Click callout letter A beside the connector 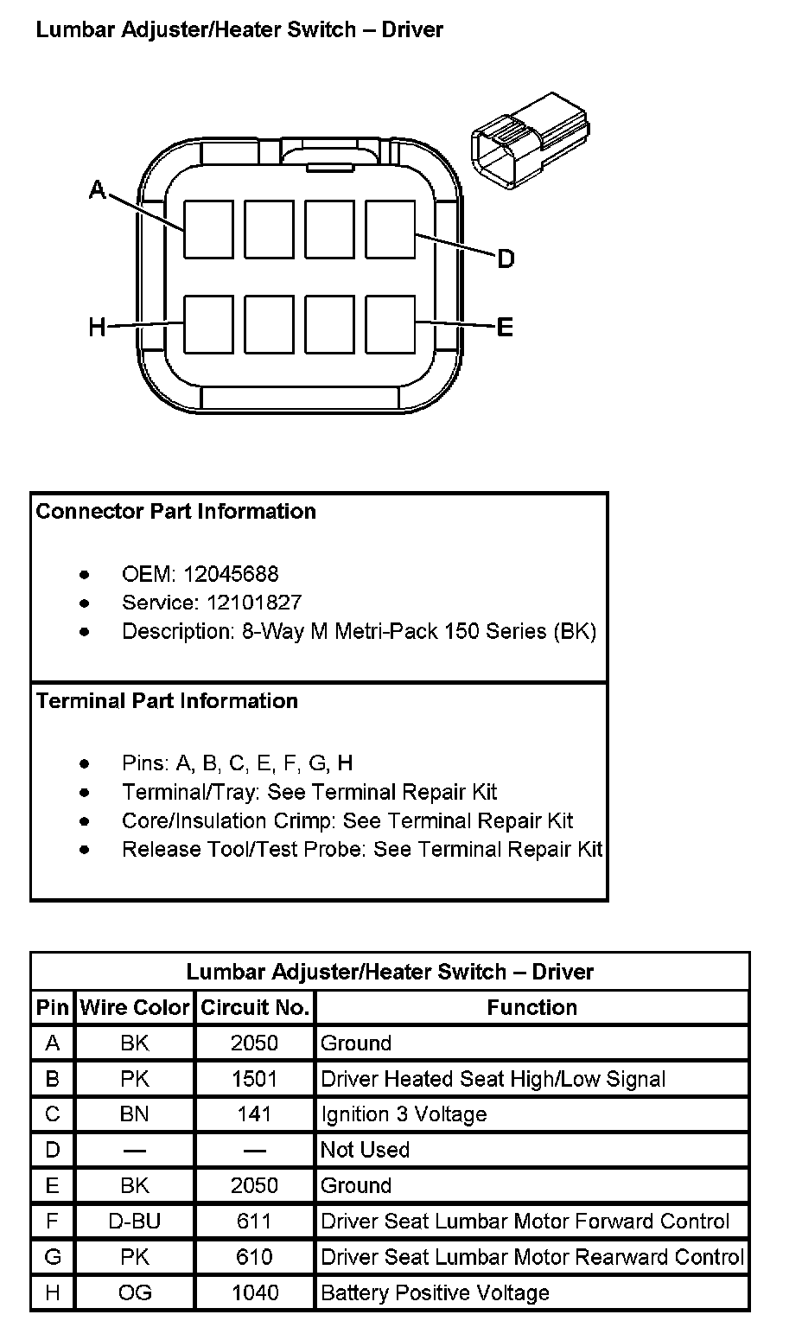coord(98,190)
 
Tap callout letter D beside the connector coord(506,258)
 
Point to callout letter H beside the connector coord(97,327)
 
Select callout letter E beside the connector coord(506,327)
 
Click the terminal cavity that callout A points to coord(208,229)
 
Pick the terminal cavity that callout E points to coord(391,324)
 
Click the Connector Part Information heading coord(176,511)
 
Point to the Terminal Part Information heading coord(167,700)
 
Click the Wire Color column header coord(135,1007)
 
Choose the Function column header coord(531,1007)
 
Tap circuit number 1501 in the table coord(254,1079)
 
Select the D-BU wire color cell coord(135,1222)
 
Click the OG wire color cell coord(135,1292)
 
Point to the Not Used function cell coord(365,1150)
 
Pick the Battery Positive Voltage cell coord(435,1292)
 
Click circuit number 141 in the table coord(254,1114)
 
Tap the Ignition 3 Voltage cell coord(404,1114)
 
